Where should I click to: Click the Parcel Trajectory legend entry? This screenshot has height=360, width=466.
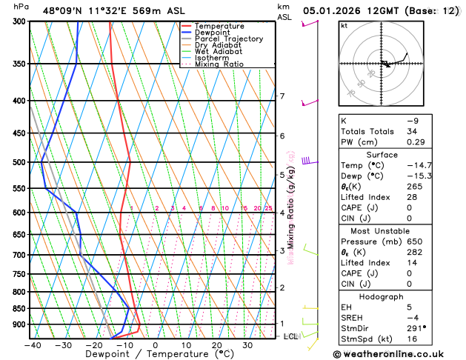click(229, 39)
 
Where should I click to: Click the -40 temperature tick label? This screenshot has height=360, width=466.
click(32, 345)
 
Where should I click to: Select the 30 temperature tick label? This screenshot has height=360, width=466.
click(248, 345)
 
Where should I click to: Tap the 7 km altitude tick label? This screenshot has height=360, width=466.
click(282, 96)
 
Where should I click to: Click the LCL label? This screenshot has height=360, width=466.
click(290, 336)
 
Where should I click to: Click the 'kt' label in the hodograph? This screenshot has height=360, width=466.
click(344, 25)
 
